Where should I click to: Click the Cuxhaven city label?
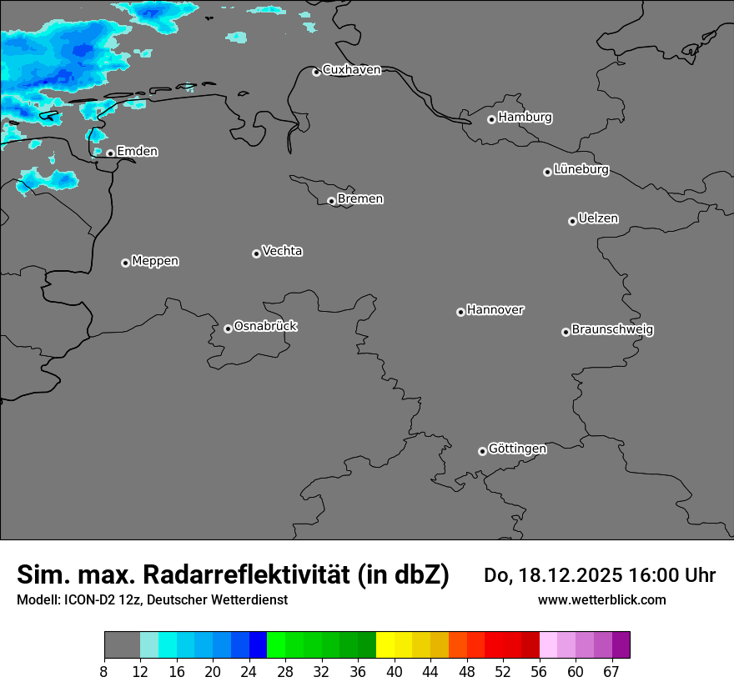coord(351,70)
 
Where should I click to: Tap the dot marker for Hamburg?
coord(491,119)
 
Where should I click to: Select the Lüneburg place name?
coord(581,170)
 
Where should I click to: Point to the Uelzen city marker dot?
coord(572,221)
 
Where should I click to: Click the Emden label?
coord(137,152)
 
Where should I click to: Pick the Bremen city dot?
coord(331,201)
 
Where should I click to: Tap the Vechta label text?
coord(282,251)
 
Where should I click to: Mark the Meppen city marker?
coord(125,263)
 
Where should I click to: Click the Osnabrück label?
coord(265,326)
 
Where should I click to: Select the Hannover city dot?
coord(460,312)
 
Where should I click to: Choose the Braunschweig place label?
coord(612,330)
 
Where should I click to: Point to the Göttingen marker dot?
coord(482,451)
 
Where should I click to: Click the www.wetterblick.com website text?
coord(601,600)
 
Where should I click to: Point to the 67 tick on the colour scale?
coord(611,672)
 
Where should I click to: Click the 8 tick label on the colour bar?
coord(104,672)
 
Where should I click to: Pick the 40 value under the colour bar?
coord(394,672)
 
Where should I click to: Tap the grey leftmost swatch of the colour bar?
coord(122,645)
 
